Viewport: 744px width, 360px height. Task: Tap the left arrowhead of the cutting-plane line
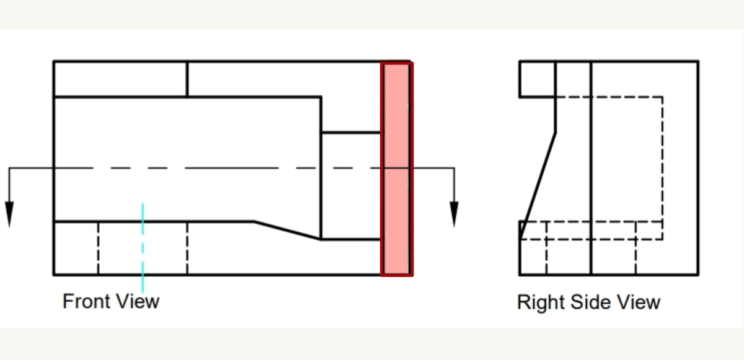pyautogui.click(x=9, y=213)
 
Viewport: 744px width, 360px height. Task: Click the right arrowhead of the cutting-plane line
pyautogui.click(x=454, y=213)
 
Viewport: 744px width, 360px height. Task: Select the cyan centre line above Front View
pyautogui.click(x=143, y=248)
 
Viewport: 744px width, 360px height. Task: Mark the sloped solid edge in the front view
pyautogui.click(x=288, y=230)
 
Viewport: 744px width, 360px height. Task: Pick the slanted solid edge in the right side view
pyautogui.click(x=538, y=180)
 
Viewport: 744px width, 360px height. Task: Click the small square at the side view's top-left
pyautogui.click(x=537, y=79)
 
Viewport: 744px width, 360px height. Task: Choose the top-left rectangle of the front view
pyautogui.click(x=120, y=79)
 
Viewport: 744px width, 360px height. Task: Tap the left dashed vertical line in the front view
pyautogui.click(x=98, y=248)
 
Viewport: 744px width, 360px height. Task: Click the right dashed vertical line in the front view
pyautogui.click(x=187, y=248)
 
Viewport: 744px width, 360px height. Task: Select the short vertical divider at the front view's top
pyautogui.click(x=187, y=79)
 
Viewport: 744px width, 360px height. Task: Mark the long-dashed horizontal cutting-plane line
pyautogui.click(x=217, y=167)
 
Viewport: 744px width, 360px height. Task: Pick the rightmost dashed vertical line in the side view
pyautogui.click(x=663, y=167)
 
